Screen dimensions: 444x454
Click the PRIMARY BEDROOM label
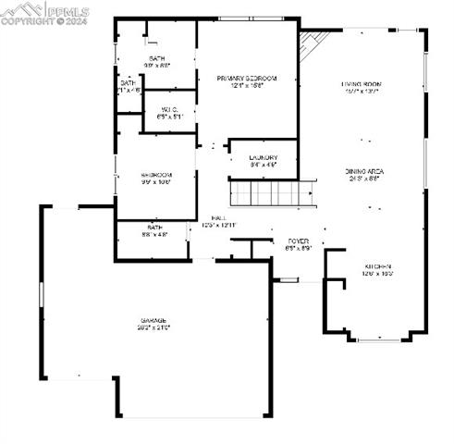[247, 79]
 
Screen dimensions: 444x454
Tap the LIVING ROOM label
[362, 84]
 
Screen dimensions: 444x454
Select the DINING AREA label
[364, 172]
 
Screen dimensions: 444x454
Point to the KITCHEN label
[376, 266]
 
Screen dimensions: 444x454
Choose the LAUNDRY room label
[264, 158]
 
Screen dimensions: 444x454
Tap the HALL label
[218, 217]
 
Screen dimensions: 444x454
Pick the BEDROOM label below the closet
[156, 175]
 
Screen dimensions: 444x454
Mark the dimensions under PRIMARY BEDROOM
[247, 86]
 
